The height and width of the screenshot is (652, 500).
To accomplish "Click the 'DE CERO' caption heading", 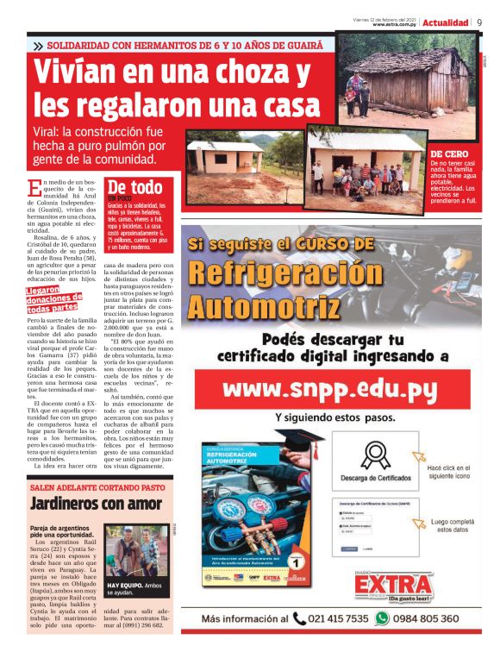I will pos(449,154).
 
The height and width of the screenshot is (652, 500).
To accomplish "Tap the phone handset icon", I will pos(299,618).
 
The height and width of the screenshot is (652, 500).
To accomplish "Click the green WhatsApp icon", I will pos(383,618).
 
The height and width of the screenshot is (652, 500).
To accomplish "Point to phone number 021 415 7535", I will pos(339,618).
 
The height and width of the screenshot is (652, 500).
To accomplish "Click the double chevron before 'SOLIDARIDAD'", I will pos(38,45).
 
